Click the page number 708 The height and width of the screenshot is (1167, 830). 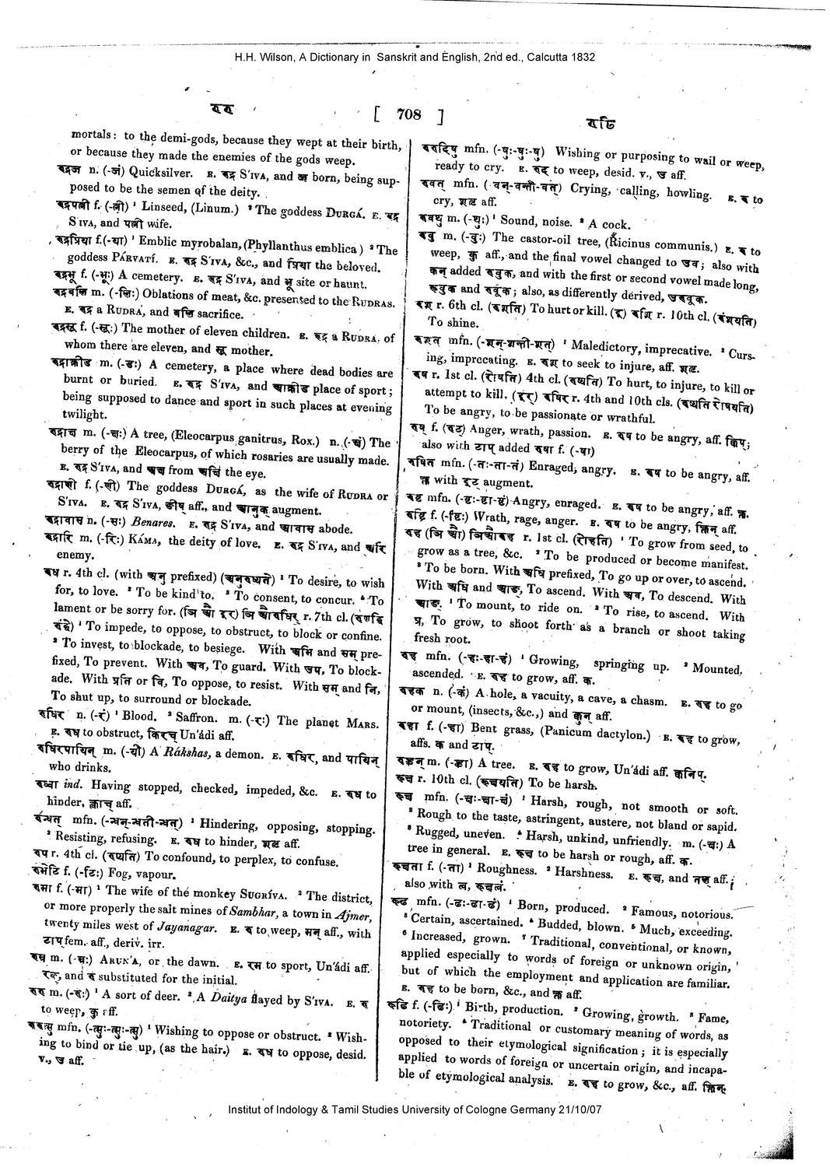[408, 115]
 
